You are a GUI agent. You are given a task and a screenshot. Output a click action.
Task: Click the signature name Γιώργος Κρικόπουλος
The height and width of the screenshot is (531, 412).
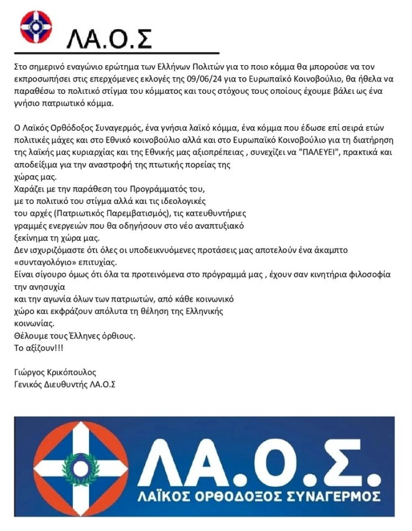(55, 372)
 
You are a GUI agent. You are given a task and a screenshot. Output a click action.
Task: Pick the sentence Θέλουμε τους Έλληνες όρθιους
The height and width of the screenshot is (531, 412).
(74, 336)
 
